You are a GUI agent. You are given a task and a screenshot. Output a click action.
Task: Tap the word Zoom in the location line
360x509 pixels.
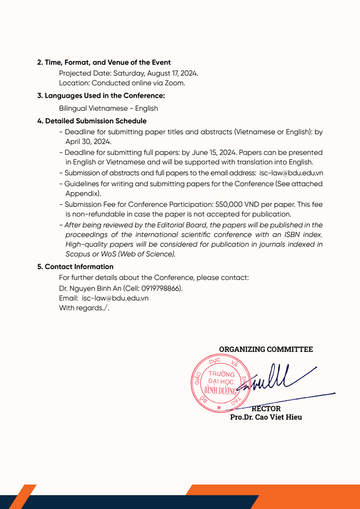174,83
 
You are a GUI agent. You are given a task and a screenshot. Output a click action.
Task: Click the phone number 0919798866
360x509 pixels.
158,288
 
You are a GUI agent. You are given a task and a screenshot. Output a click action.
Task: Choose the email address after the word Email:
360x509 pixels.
115,298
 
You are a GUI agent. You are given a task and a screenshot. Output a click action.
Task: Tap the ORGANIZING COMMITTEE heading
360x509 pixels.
266,350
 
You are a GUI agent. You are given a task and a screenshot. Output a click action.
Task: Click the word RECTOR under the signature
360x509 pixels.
266,408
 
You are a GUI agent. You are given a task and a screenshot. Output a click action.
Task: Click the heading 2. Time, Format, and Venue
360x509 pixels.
104,62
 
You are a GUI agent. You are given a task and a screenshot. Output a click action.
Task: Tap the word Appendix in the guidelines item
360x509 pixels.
83,193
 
